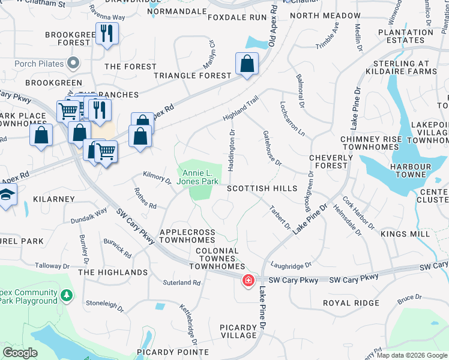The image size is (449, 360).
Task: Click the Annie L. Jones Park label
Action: pyautogui.click(x=197, y=178)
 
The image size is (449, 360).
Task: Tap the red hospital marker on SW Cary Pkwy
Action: pyautogui.click(x=247, y=280)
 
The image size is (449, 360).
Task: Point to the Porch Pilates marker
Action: pyautogui.click(x=74, y=62)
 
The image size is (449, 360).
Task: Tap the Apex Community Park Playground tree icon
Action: pyautogui.click(x=67, y=295)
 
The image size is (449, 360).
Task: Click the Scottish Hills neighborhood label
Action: pyautogui.click(x=262, y=188)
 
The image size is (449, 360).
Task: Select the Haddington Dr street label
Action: pyautogui.click(x=231, y=150)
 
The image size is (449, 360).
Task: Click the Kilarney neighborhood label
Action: pyautogui.click(x=54, y=199)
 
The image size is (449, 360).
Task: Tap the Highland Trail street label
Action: pyautogui.click(x=240, y=107)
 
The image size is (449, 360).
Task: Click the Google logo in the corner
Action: pyautogui.click(x=20, y=353)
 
